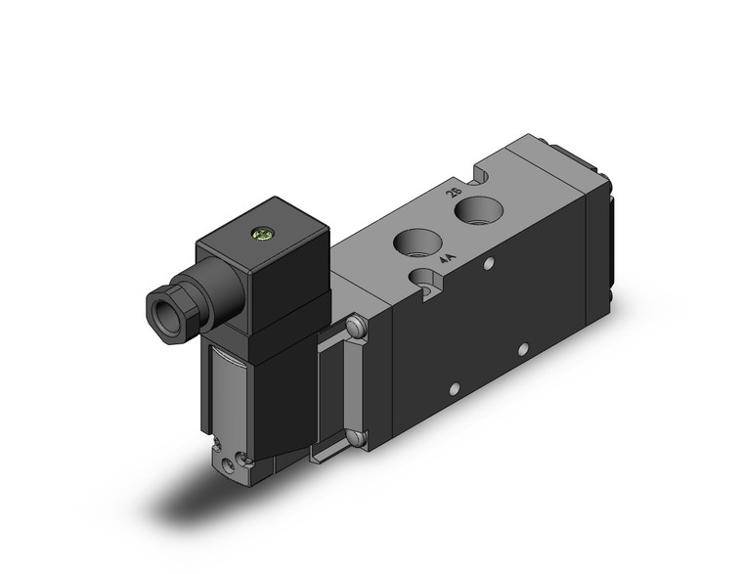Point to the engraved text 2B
click(452, 194)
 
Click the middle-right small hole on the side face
click(523, 347)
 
